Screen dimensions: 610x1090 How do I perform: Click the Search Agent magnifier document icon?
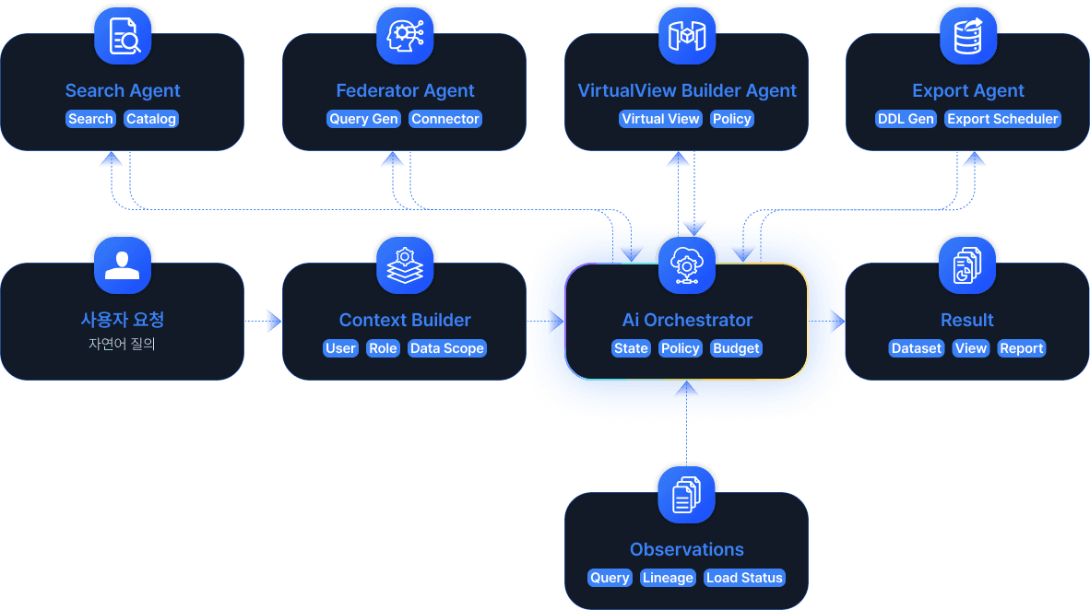point(123,37)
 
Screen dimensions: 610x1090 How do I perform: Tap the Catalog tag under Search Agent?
point(151,119)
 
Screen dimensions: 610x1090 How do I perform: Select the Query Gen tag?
point(364,119)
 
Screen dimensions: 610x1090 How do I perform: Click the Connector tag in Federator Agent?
point(445,119)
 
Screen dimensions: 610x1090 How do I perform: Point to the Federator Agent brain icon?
point(405,37)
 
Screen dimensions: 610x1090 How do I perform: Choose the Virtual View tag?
point(661,119)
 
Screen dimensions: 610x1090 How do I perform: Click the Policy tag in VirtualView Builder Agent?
point(732,119)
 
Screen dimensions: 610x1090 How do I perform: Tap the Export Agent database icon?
point(967,37)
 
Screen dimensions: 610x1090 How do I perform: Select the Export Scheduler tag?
point(1002,119)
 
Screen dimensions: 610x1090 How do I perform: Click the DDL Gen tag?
point(906,119)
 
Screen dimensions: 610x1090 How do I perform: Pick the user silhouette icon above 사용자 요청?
point(123,266)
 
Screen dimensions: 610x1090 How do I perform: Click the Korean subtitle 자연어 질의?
point(122,346)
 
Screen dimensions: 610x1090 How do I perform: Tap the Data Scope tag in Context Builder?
point(447,348)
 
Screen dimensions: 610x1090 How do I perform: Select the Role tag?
point(383,348)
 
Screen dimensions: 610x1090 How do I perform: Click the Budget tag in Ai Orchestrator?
point(736,348)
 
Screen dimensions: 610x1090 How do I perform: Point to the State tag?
point(632,348)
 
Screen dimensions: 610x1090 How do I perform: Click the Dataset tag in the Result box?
point(917,348)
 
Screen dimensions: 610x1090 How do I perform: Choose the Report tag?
point(1022,348)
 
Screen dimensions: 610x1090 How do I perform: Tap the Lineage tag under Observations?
point(668,578)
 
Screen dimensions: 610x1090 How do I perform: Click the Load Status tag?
point(744,578)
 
